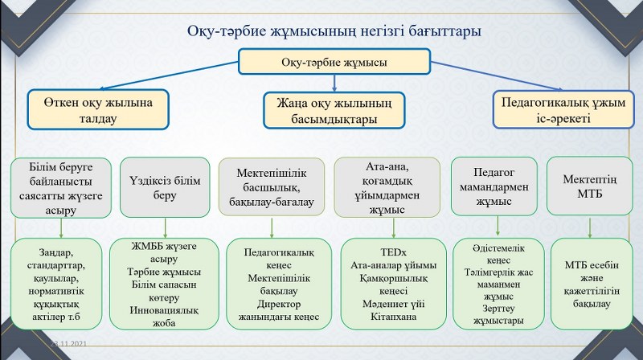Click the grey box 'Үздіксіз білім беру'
165,187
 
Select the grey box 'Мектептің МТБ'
590,186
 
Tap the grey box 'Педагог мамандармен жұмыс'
492,187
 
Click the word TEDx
389,252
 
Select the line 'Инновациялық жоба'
164,317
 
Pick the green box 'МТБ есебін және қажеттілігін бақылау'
590,284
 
